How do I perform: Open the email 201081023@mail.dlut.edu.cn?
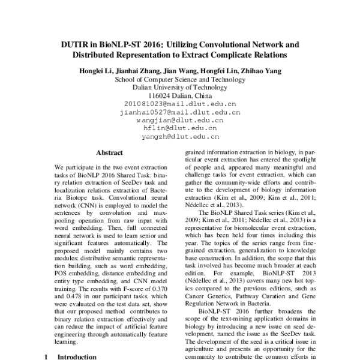click(x=179, y=104)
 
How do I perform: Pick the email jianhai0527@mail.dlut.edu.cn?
click(x=179, y=112)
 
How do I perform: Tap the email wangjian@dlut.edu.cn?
click(x=179, y=120)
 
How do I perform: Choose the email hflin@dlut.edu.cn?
click(x=179, y=128)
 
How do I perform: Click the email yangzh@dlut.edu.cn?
click(x=179, y=136)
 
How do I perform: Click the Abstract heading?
click(x=109, y=152)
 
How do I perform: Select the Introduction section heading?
click(x=76, y=356)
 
